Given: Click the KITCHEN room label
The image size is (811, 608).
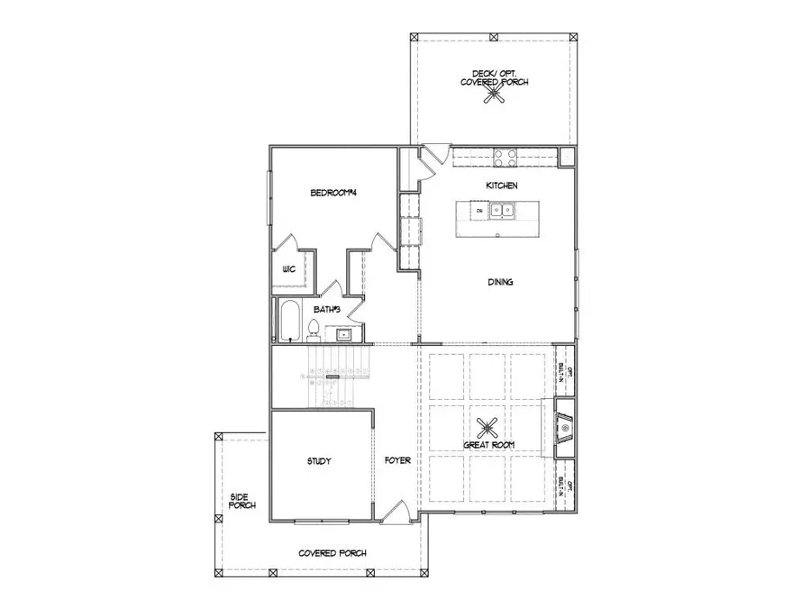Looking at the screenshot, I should (502, 185).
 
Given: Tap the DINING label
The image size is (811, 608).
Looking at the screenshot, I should (501, 282).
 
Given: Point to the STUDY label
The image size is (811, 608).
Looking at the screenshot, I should (319, 460).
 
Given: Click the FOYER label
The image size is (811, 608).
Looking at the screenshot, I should (397, 460).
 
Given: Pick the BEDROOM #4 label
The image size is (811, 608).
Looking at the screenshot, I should (334, 192).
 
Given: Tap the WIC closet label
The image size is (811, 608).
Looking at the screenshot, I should (288, 269).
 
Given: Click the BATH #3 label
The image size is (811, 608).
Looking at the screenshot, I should (326, 309).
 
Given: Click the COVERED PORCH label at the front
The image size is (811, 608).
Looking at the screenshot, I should (333, 553).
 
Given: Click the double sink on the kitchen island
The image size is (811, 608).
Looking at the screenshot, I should (502, 211).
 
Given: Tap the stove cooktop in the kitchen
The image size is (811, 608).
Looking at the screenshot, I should (505, 157).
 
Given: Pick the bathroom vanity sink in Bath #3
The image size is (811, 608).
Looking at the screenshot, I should (344, 334).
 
